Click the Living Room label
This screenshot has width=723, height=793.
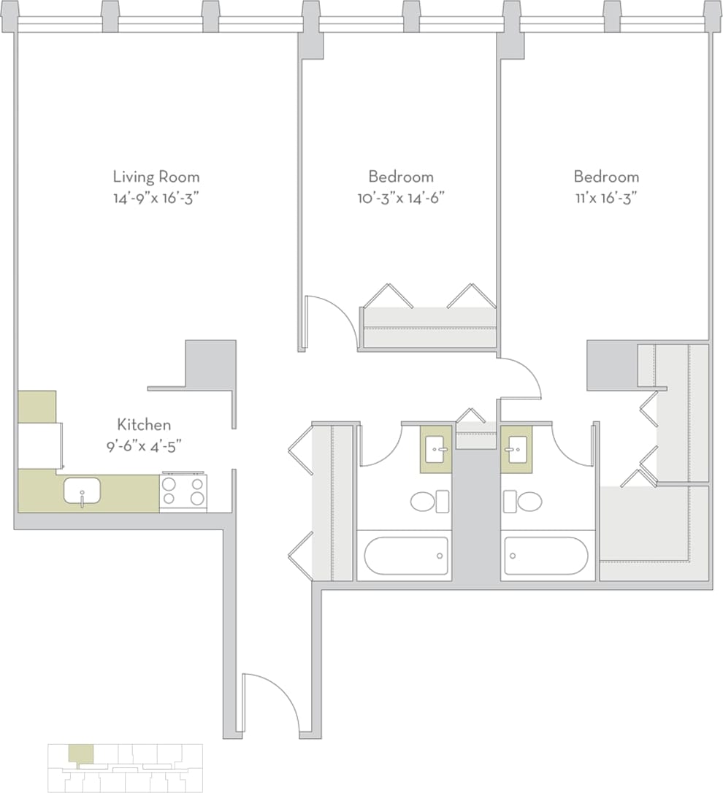click(x=156, y=177)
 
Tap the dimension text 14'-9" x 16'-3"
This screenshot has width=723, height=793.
click(x=156, y=197)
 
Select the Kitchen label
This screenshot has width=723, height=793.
click(x=144, y=424)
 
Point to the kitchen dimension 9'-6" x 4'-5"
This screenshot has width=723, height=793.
click(x=144, y=444)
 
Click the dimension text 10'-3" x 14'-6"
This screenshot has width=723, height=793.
click(x=400, y=197)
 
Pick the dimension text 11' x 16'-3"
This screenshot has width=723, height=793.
click(x=605, y=197)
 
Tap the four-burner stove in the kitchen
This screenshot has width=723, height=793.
click(x=183, y=491)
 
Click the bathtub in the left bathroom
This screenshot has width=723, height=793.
click(x=406, y=556)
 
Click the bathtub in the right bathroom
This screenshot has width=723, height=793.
click(x=546, y=556)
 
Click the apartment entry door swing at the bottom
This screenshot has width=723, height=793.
click(x=270, y=701)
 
